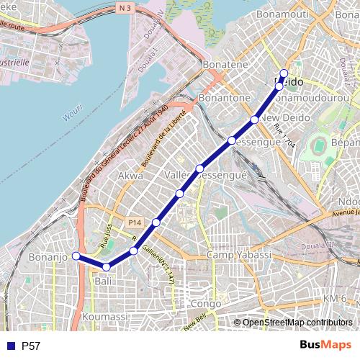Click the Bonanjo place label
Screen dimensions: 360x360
pos(47,257)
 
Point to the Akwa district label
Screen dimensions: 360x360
pos(130,175)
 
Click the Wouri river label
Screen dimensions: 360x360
pos(72,115)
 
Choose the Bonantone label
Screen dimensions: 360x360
pos(225,97)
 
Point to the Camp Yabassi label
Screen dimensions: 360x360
pos(238,256)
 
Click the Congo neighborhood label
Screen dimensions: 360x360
pos(206,304)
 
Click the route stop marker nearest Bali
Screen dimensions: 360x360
pos(106,267)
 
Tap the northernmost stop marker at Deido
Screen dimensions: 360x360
pos(284,73)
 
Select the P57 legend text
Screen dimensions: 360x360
pos(31,346)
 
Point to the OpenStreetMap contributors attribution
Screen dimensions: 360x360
pos(297,323)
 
